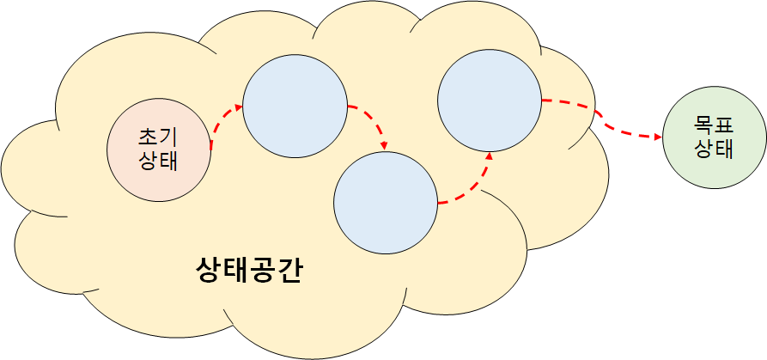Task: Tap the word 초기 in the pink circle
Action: (158, 137)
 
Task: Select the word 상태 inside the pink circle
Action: (158, 160)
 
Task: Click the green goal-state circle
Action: (714, 137)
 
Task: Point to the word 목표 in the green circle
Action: (714, 126)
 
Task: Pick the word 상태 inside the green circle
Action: (714, 149)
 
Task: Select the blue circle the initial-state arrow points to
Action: (295, 107)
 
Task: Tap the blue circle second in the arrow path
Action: (385, 203)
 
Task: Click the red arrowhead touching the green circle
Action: (657, 136)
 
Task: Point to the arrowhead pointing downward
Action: (385, 144)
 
